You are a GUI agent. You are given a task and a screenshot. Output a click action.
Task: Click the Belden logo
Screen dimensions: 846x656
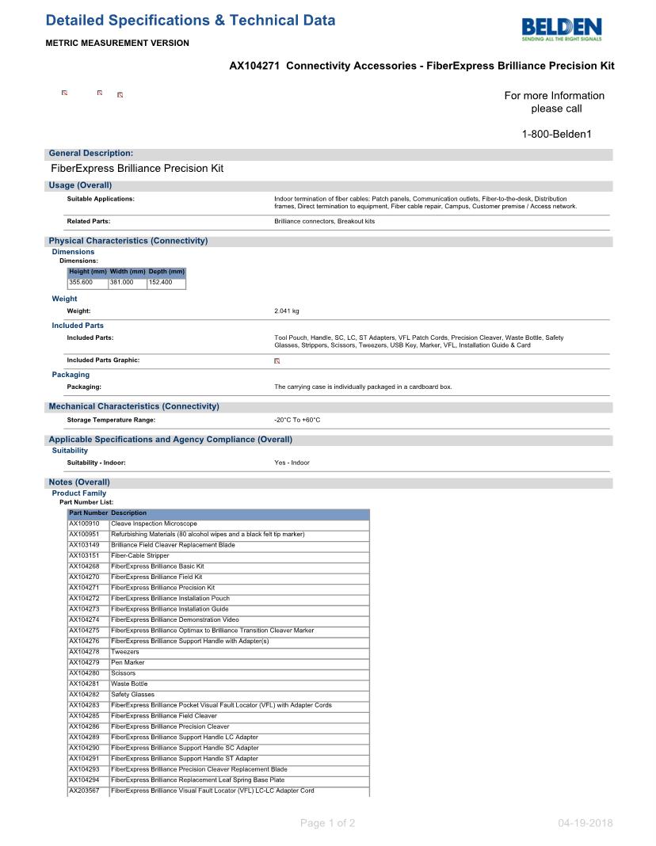tap(562, 29)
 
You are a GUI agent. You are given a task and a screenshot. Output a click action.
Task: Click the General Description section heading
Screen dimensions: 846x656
tap(91, 153)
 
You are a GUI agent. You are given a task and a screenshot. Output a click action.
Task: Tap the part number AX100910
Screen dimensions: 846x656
tap(84, 524)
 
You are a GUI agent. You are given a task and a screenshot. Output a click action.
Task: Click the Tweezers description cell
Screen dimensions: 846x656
tap(125, 652)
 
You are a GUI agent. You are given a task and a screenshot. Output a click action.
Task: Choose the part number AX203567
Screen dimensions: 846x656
tap(84, 791)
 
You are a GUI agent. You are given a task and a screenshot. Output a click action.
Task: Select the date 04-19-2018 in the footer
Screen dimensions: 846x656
tap(585, 823)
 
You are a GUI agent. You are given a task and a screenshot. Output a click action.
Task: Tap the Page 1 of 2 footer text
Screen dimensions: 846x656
tap(327, 823)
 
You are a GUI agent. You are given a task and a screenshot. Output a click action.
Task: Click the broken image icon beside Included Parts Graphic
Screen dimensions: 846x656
tap(277, 360)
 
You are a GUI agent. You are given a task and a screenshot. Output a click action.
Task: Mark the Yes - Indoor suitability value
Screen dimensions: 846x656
tap(292, 463)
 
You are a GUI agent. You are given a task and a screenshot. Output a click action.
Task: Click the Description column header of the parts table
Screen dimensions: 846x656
tap(129, 513)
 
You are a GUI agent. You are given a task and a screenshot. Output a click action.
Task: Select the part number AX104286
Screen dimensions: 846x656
tap(84, 726)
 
